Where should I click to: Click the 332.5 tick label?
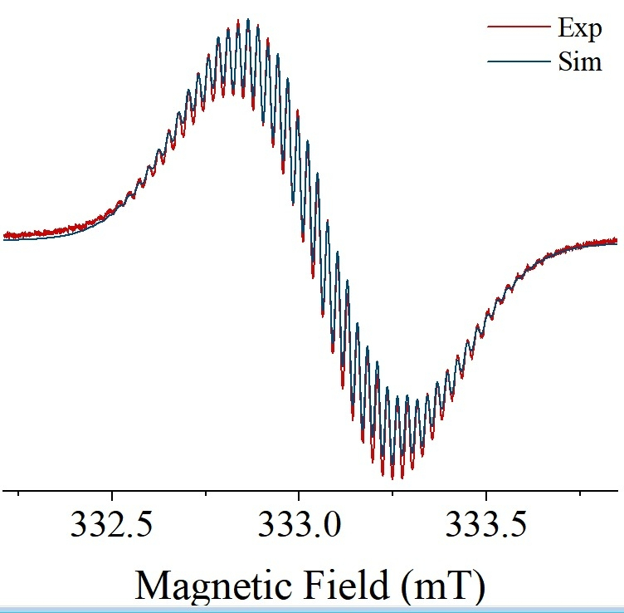coord(111,527)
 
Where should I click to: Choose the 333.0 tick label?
coord(300,527)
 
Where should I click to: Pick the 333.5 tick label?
coord(487,527)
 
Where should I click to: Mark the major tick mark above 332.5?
coord(112,496)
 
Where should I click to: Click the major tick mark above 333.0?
coord(300,496)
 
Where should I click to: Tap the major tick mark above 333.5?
coord(487,496)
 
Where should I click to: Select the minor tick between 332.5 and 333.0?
coord(206,493)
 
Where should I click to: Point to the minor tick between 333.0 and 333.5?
coord(393,493)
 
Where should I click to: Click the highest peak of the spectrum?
coord(248,21)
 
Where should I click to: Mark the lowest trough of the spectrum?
coord(392,478)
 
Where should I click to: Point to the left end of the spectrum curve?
coord(4,236)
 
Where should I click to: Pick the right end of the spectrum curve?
coord(617,242)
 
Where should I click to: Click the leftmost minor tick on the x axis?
coord(18,493)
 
